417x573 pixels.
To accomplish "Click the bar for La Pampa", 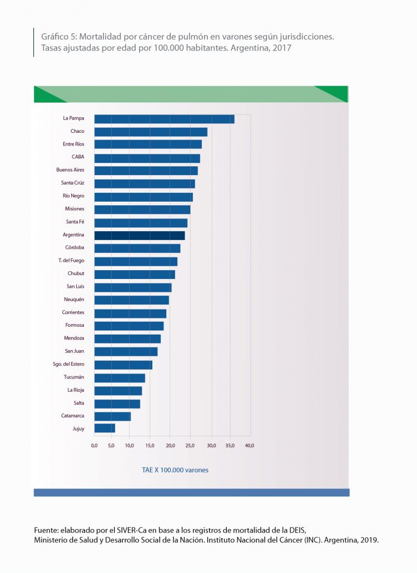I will [x=164, y=119].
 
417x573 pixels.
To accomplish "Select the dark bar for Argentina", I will [x=140, y=236].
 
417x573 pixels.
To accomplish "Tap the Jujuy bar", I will [x=105, y=428].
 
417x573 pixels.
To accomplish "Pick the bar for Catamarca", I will [x=112, y=416].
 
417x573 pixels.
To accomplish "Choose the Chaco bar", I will [x=151, y=132].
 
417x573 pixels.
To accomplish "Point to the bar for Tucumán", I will [x=120, y=378].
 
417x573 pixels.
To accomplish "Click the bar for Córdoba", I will [x=137, y=248].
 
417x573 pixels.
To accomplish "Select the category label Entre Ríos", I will [x=73, y=145].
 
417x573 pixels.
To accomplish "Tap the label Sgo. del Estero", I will [x=68, y=365].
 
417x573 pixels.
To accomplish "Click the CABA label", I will [x=78, y=157].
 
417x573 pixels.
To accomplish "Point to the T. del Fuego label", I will [x=71, y=261].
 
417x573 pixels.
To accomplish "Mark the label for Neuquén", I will [x=74, y=300].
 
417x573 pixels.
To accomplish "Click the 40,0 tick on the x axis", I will [x=250, y=446].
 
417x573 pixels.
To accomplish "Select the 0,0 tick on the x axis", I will [x=94, y=446].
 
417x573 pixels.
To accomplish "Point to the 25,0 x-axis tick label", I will [x=191, y=446].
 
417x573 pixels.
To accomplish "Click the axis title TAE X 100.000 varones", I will [x=175, y=470].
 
